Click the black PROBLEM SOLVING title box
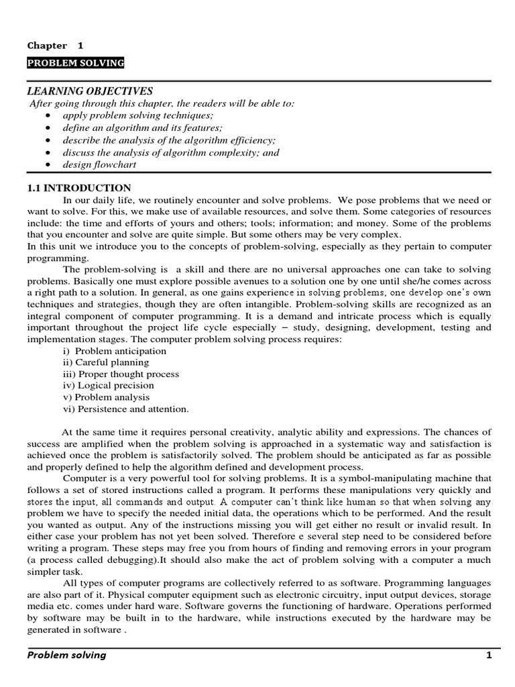(76, 63)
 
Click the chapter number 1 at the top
(80, 46)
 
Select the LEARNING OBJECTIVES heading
(90, 91)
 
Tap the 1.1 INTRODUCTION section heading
(79, 188)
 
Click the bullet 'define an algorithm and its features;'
(143, 127)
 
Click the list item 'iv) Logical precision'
(108, 385)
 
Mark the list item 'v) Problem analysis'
(106, 397)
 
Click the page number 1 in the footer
(489, 655)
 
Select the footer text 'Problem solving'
(66, 655)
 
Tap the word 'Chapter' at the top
(47, 46)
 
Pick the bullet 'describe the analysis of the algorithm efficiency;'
(169, 140)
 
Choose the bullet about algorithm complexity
(171, 152)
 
